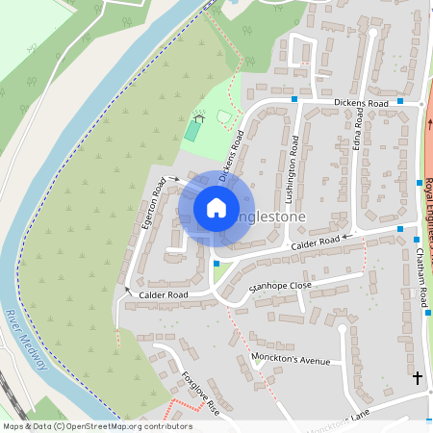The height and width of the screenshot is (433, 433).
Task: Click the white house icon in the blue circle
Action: (x=216, y=208)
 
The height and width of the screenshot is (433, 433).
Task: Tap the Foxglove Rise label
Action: (x=201, y=394)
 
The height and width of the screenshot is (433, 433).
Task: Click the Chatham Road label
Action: (x=422, y=279)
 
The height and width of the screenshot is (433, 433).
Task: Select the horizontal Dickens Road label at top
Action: (x=361, y=103)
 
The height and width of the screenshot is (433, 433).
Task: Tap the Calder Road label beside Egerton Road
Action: (x=163, y=294)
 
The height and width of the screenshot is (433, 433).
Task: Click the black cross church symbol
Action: (x=417, y=376)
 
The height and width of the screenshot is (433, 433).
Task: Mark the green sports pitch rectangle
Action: (x=193, y=129)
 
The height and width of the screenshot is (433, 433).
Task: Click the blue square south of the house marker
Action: (x=216, y=263)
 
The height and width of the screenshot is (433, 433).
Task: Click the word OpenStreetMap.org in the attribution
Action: (x=109, y=426)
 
